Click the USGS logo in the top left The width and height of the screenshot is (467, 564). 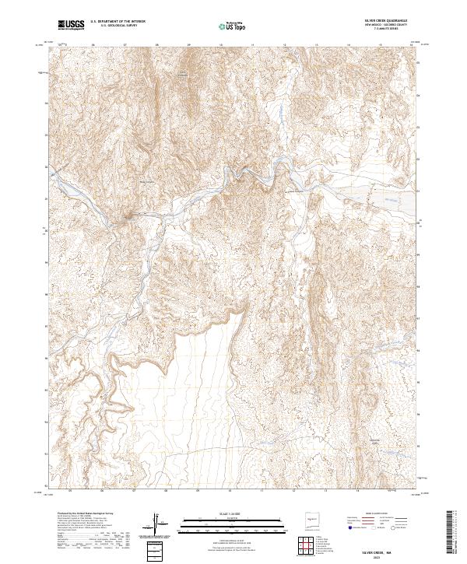(x=72, y=25)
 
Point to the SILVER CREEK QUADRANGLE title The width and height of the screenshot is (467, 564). (x=386, y=22)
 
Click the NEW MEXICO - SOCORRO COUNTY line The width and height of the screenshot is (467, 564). (x=386, y=26)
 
